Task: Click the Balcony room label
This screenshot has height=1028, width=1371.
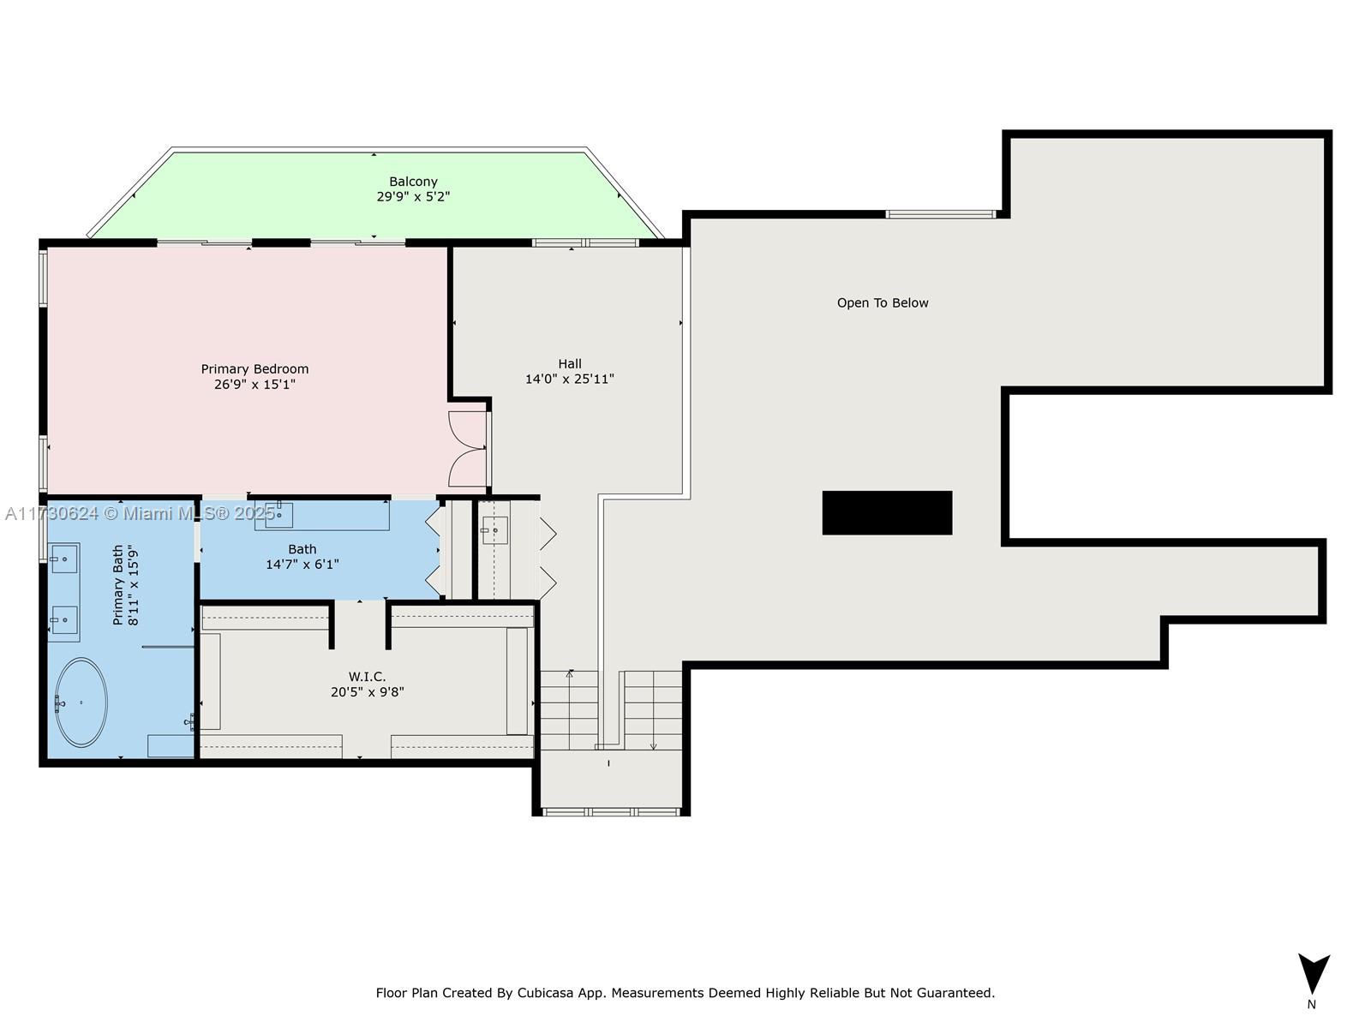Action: pyautogui.click(x=413, y=182)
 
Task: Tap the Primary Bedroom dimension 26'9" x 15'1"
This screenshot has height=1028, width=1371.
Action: pyautogui.click(x=254, y=385)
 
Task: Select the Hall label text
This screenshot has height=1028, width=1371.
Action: pyautogui.click(x=569, y=364)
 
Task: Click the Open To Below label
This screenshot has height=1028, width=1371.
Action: pyautogui.click(x=883, y=303)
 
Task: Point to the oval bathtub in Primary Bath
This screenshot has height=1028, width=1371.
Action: pyautogui.click(x=81, y=702)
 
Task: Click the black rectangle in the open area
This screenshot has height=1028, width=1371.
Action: pyautogui.click(x=887, y=512)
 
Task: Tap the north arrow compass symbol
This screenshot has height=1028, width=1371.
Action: pyautogui.click(x=1313, y=973)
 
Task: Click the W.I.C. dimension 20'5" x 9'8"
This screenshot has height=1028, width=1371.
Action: pyautogui.click(x=367, y=692)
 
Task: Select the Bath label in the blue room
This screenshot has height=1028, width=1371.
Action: pyautogui.click(x=302, y=549)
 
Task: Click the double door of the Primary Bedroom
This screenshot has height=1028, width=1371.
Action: pyautogui.click(x=468, y=449)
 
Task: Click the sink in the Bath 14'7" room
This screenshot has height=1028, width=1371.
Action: pyautogui.click(x=278, y=514)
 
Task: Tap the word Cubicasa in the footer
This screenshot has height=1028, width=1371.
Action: pyautogui.click(x=546, y=993)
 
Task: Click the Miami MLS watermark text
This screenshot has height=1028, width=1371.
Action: pyautogui.click(x=141, y=513)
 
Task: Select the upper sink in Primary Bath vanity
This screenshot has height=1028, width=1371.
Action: pyautogui.click(x=63, y=559)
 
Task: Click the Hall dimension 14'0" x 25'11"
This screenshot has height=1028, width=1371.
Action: pyautogui.click(x=569, y=379)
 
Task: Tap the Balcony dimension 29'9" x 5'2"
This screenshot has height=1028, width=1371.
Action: pyautogui.click(x=413, y=196)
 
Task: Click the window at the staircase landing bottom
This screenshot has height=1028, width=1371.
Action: pyautogui.click(x=612, y=811)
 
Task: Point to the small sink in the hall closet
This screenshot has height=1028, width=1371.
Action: pyautogui.click(x=494, y=530)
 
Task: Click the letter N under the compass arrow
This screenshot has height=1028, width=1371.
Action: pyautogui.click(x=1311, y=1005)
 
